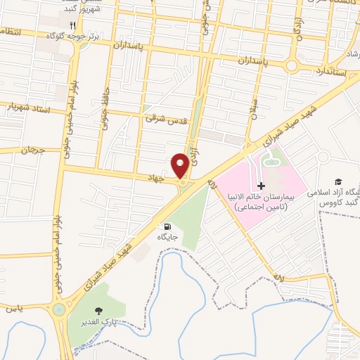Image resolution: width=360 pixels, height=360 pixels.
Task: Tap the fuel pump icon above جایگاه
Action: (x=167, y=226)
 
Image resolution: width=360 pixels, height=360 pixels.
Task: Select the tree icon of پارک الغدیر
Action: (x=97, y=312)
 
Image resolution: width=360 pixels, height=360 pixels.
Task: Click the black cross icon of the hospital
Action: (x=262, y=186)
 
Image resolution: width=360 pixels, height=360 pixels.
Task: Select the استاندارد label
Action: (x=322, y=72)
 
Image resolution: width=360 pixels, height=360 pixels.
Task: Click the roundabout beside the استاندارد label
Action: (x=291, y=65)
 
